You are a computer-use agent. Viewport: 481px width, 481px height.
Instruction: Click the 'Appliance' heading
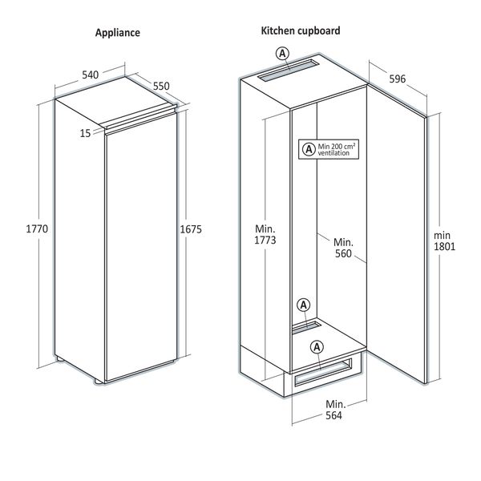(118, 33)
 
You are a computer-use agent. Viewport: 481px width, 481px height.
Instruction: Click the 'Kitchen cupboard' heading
(301, 30)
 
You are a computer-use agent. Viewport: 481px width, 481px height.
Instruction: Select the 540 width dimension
(90, 75)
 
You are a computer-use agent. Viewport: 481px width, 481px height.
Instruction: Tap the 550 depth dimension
(161, 86)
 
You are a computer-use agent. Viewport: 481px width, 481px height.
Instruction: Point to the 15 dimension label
(86, 133)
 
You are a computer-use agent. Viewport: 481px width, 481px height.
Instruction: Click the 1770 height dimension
(37, 228)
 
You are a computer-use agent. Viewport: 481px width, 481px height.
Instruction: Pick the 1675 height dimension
(191, 229)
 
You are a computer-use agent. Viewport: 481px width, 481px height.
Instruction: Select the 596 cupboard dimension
(398, 79)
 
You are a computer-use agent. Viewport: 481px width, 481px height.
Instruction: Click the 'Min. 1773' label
(265, 234)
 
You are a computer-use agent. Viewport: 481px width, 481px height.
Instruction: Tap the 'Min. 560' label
(343, 248)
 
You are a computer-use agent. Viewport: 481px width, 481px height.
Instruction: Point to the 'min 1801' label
(444, 240)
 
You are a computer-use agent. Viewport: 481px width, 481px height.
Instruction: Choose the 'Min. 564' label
(334, 410)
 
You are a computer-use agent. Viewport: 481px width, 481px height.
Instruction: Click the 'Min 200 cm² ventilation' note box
(329, 149)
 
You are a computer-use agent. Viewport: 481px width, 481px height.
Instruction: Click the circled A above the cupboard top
(282, 54)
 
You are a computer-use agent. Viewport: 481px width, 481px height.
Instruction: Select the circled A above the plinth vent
(317, 347)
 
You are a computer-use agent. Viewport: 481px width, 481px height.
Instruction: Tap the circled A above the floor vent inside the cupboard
(304, 305)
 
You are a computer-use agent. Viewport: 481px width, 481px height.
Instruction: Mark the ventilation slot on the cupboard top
(289, 71)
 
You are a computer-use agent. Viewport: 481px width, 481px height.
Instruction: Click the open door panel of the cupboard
(396, 234)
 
